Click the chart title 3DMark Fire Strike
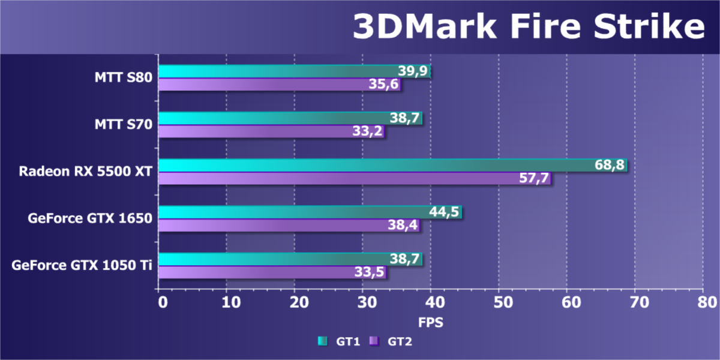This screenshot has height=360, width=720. pyautogui.click(x=528, y=27)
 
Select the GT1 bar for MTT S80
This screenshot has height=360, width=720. pyautogui.click(x=294, y=71)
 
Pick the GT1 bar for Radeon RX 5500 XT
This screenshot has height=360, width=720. pyautogui.click(x=393, y=165)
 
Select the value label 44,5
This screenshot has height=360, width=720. pyautogui.click(x=445, y=212)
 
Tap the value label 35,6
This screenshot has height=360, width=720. pyautogui.click(x=384, y=85)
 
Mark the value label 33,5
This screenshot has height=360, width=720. pyautogui.click(x=370, y=272)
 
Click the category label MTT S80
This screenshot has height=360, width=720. pyautogui.click(x=122, y=77)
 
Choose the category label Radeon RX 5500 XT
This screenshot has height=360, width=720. pyautogui.click(x=85, y=172)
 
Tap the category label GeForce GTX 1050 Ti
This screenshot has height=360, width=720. pyautogui.click(x=82, y=265)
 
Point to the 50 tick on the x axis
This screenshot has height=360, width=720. pyautogui.click(x=499, y=302)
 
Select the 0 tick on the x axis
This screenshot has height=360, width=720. pyautogui.click(x=161, y=302)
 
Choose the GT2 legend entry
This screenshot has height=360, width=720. pyautogui.click(x=391, y=342)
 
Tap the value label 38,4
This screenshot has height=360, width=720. pyautogui.click(x=404, y=226)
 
